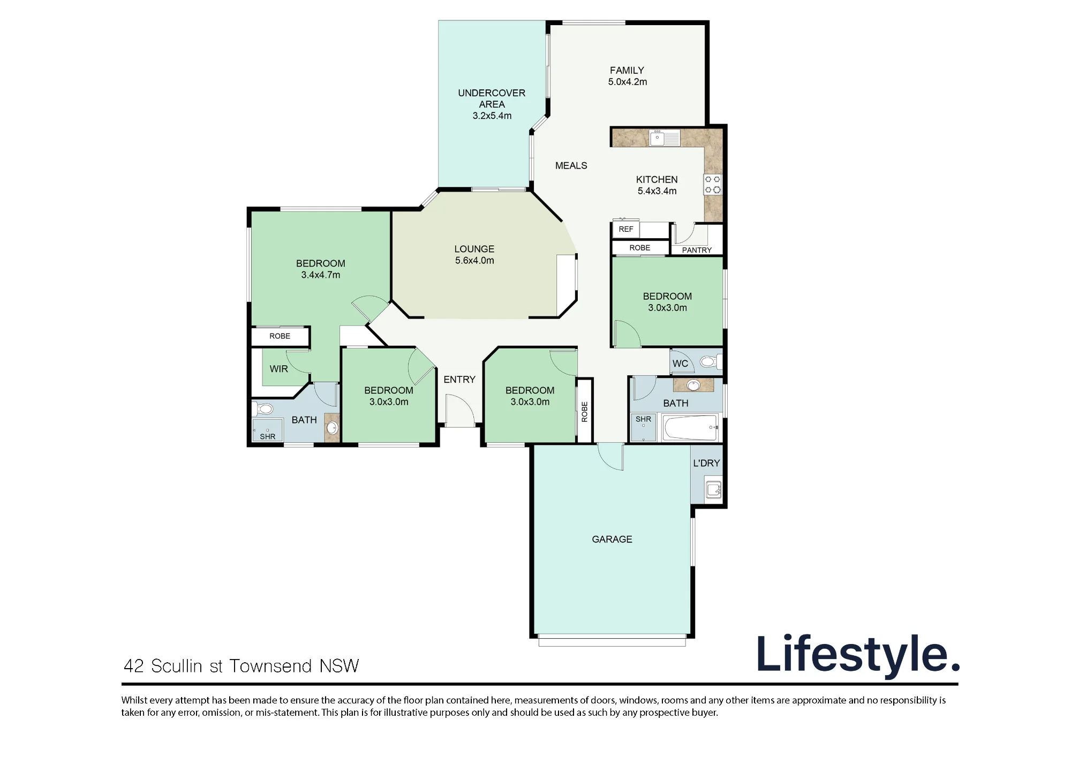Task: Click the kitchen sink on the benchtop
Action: pos(665,138)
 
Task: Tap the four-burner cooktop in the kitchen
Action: pos(713,184)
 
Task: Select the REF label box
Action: pos(626,229)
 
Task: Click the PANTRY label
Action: pos(697,250)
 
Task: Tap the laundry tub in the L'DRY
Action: pos(713,489)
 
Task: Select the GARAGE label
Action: pos(612,539)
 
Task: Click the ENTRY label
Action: pos(459,380)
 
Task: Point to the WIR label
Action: pos(279,369)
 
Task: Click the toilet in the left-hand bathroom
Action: pos(264,410)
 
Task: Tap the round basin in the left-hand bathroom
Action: pos(333,427)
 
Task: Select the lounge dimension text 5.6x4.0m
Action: pos(474,261)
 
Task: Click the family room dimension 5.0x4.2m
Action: pos(628,82)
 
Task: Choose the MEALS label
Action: pos(571,166)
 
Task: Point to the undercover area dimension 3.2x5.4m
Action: pos(492,116)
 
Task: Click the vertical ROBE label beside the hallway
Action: pos(585,412)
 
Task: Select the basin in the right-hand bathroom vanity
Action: pos(693,385)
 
